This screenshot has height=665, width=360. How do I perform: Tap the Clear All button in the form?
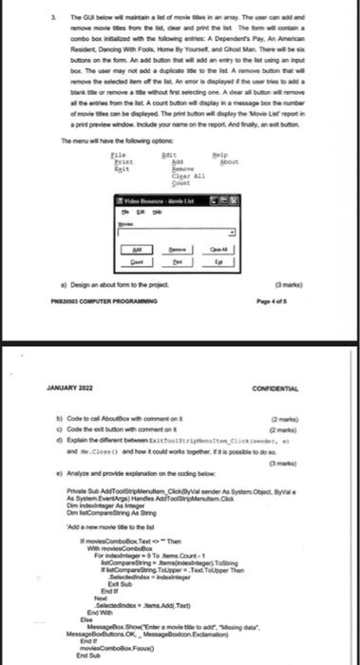(x=219, y=244)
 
